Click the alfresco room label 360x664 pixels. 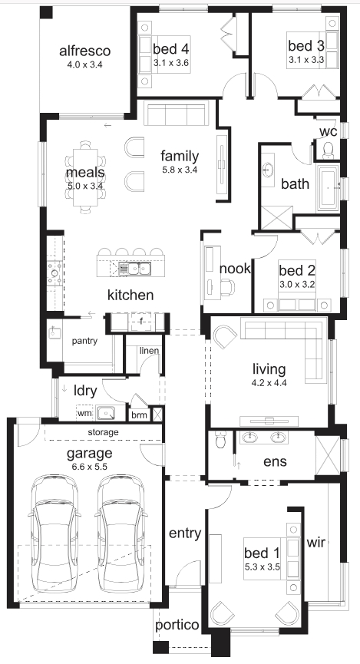click(x=84, y=51)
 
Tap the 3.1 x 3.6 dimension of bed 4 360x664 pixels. click(x=170, y=63)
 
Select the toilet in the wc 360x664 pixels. click(x=328, y=149)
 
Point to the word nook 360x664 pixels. click(x=235, y=269)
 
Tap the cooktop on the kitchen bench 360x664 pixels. click(x=54, y=273)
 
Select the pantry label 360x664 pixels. click(x=84, y=341)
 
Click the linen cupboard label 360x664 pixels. click(x=149, y=351)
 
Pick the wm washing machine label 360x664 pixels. click(x=84, y=413)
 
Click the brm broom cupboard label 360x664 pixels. click(x=139, y=415)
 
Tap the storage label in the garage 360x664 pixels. click(x=103, y=433)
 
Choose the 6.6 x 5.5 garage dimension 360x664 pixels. click(x=89, y=467)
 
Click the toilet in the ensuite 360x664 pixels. click(x=221, y=440)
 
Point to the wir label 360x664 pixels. click(x=316, y=542)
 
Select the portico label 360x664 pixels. click(x=177, y=625)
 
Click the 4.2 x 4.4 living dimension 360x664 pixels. click(x=269, y=382)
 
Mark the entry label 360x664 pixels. click(x=185, y=534)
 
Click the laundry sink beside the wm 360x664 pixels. click(x=105, y=412)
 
